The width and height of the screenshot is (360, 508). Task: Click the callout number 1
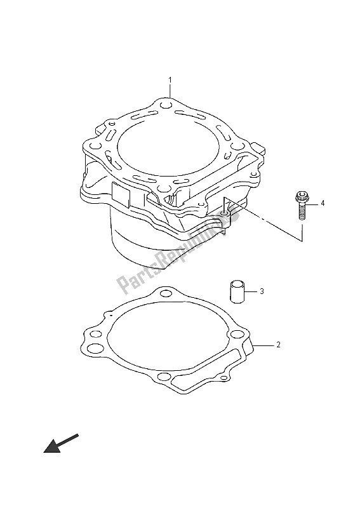[x=170, y=80]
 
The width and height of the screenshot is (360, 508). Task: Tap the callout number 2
[x=278, y=345]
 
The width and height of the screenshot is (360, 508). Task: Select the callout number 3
[x=262, y=291]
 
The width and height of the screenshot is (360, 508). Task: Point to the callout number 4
[x=323, y=203]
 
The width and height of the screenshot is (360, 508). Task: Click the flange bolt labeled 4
[x=302, y=206]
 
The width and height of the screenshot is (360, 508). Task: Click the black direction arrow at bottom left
[x=61, y=443]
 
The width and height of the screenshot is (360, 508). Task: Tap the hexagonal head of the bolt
[x=302, y=196]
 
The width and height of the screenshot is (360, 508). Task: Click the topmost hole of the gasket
[x=166, y=294]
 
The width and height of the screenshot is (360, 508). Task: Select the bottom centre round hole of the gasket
[x=164, y=377]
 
